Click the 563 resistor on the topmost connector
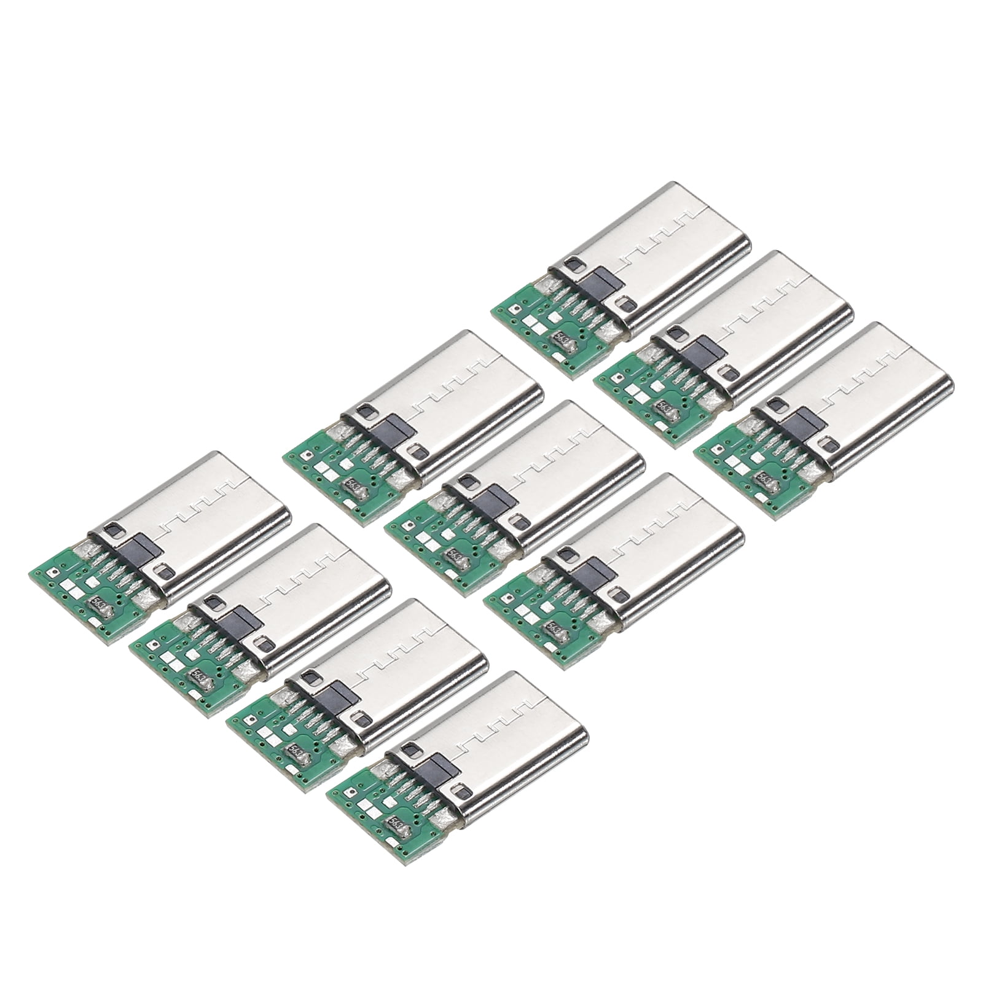(562, 337)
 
